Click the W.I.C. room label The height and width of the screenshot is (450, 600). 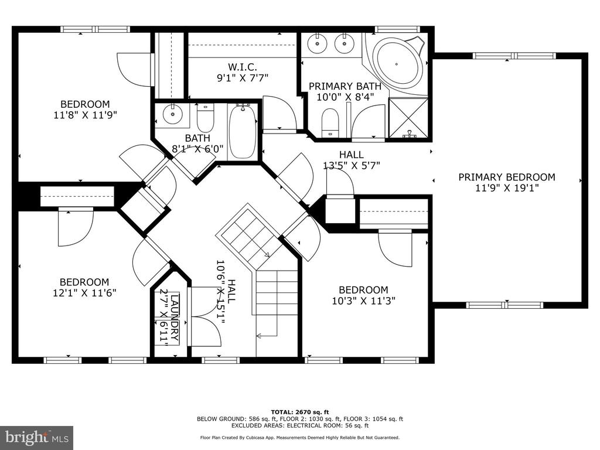click(243, 67)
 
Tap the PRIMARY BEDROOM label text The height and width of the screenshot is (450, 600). click(507, 177)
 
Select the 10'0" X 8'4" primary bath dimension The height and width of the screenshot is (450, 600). click(345, 97)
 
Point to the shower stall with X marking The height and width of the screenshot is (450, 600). click(408, 117)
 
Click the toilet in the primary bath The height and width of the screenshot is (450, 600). click(330, 122)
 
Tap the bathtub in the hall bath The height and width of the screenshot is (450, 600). click(242, 132)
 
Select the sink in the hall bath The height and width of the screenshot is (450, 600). click(173, 114)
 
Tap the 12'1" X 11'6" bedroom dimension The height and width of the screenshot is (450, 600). click(84, 293)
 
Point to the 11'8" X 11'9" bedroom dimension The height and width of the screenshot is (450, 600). click(84, 114)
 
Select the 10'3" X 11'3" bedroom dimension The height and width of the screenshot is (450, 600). click(363, 301)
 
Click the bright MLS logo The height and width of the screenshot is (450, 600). click(37, 437)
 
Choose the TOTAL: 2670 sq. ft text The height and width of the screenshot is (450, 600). click(300, 412)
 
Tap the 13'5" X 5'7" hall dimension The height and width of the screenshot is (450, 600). click(352, 166)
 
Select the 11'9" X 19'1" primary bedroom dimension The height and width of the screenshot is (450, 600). click(507, 188)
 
